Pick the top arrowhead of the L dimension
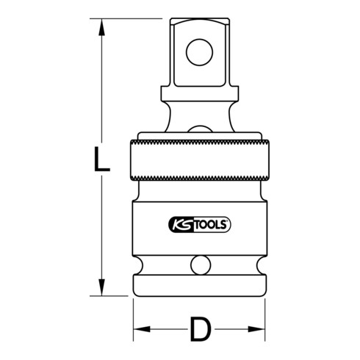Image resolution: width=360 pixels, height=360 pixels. pyautogui.click(x=101, y=25)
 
